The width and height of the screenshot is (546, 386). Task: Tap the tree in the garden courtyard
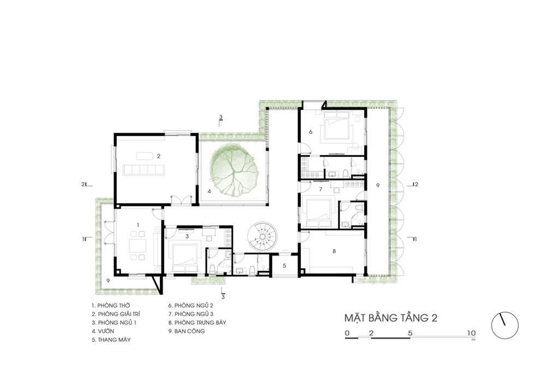pos(234,171)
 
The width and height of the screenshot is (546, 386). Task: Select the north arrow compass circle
pos(505,325)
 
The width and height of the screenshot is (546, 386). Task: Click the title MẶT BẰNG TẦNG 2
pos(391,318)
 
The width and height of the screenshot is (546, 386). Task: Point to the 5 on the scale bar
pos(410,333)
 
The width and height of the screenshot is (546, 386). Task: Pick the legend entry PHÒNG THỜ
pos(111,306)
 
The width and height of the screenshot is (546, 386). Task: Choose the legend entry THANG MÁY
pos(111,340)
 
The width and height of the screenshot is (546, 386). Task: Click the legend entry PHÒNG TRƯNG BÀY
pos(197,323)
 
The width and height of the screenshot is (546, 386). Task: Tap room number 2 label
pos(158,156)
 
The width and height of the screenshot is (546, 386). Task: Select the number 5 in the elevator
pos(284,265)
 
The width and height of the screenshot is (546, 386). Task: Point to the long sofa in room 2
pos(144,170)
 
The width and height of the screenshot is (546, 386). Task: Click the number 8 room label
pos(334,251)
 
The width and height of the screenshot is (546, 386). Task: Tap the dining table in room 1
pos(138,246)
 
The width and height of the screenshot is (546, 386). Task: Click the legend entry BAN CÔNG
pos(187,331)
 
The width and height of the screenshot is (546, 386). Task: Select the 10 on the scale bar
pos(471,333)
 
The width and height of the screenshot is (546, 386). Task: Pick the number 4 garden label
pos(209,191)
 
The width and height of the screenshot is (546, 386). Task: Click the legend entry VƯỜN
pos(103,331)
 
